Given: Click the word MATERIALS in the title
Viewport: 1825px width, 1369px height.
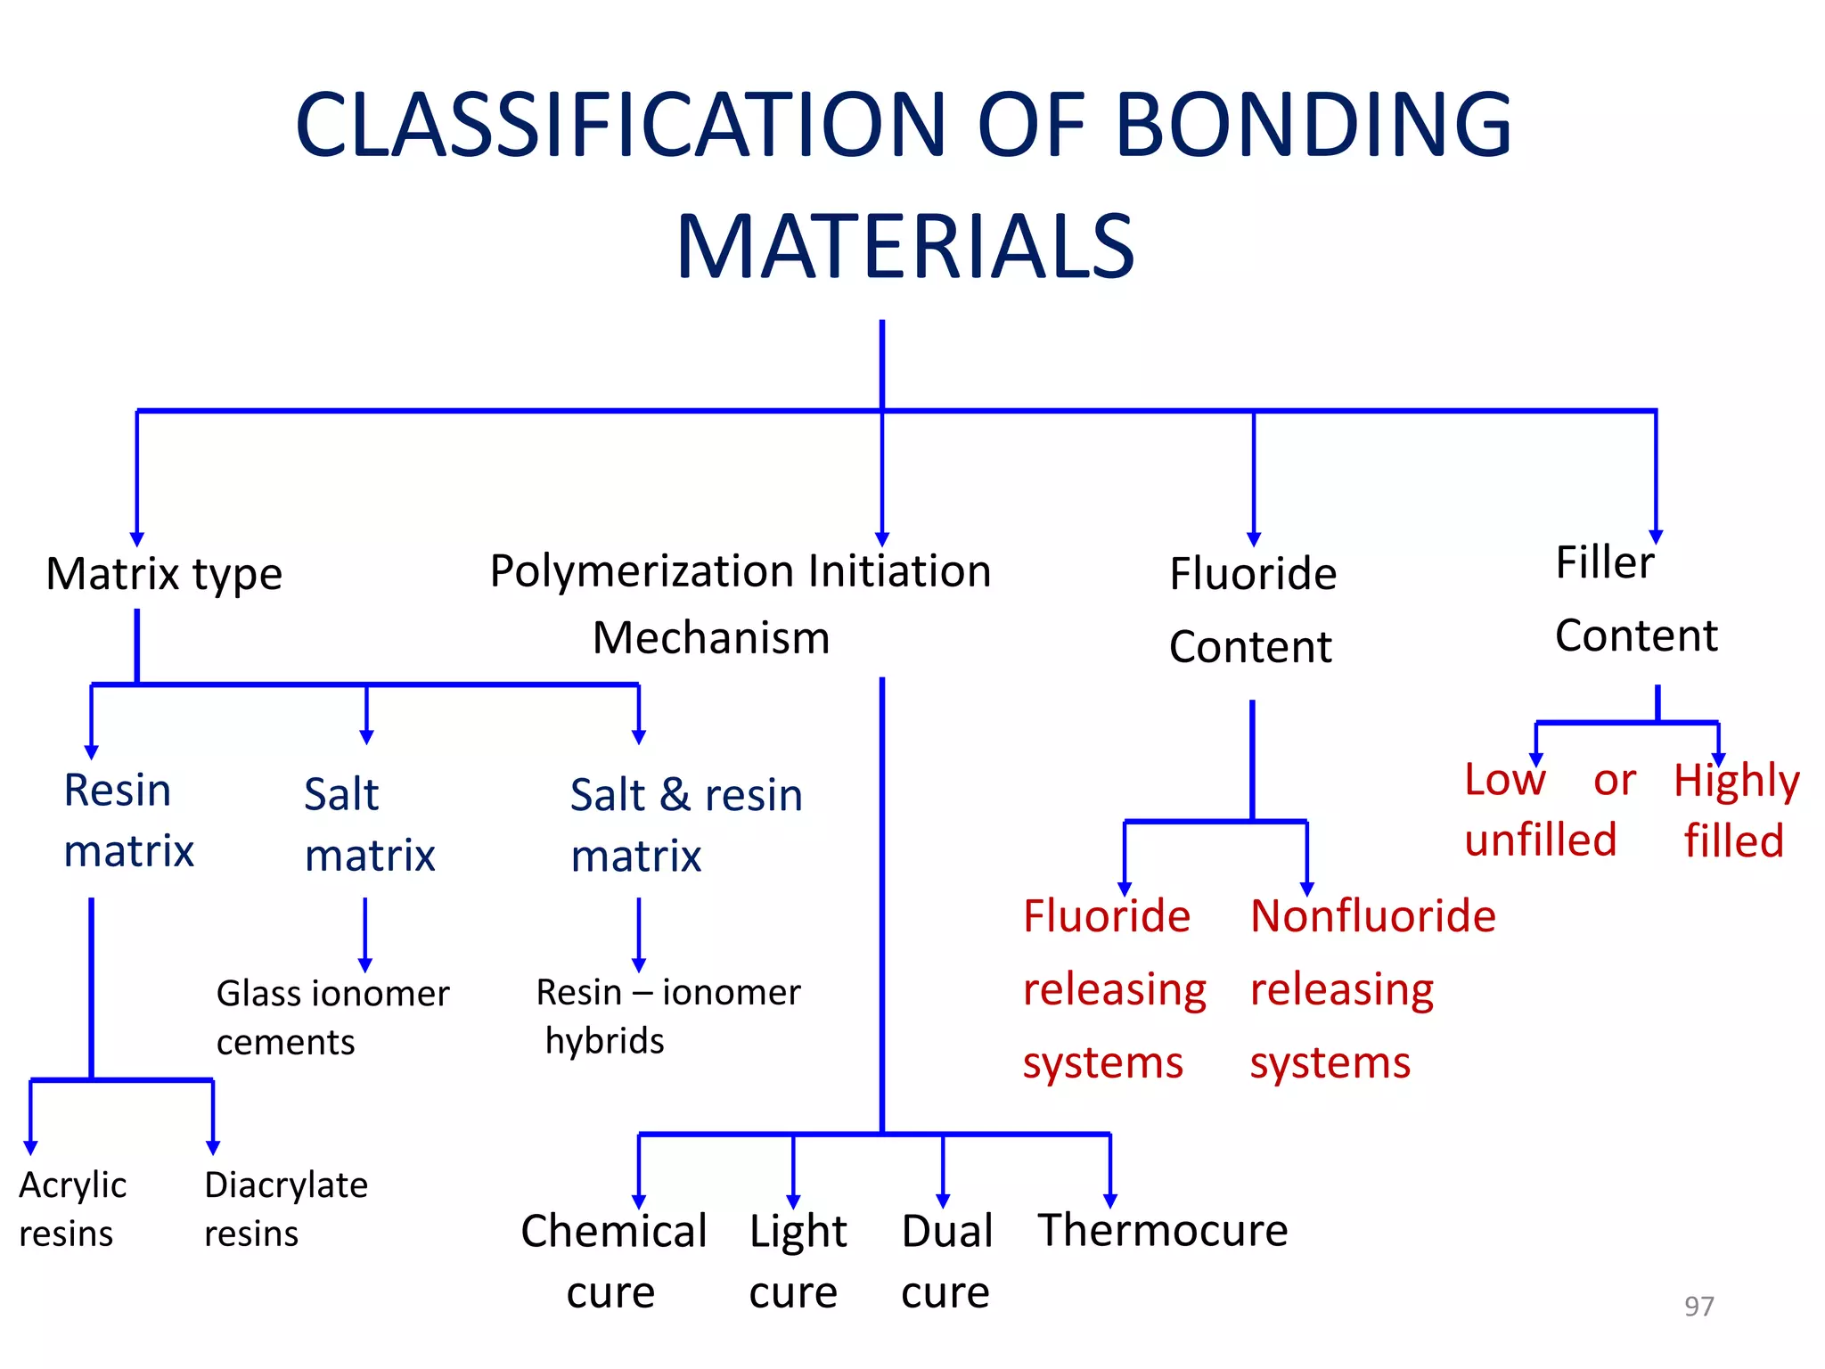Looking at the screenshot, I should [905, 247].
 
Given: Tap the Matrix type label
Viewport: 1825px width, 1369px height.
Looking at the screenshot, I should [164, 573].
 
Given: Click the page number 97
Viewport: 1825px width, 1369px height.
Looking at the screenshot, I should [1698, 1306].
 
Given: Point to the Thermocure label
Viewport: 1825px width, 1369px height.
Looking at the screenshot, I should [1162, 1231].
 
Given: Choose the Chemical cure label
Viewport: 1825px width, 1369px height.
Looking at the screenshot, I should [613, 1260].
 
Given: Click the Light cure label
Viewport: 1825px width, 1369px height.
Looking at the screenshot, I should [797, 1260].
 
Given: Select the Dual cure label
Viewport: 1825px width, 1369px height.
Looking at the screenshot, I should [946, 1260].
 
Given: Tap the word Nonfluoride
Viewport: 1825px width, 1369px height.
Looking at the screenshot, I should [1372, 916].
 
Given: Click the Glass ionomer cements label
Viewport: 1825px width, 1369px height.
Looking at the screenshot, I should [331, 1017].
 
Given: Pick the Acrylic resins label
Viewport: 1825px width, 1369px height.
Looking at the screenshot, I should [71, 1209].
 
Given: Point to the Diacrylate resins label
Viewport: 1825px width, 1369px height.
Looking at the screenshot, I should [285, 1209].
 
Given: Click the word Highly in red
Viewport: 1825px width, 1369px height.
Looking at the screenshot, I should [1736, 782].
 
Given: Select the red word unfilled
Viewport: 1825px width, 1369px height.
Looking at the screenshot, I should [1540, 840].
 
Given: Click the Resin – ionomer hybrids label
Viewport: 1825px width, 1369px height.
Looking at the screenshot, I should [667, 1016].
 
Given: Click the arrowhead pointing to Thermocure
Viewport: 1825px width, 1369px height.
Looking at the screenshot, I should [1110, 1201].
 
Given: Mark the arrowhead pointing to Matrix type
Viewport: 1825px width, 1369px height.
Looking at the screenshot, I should [137, 539].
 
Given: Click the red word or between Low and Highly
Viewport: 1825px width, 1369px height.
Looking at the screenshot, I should [1614, 781].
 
